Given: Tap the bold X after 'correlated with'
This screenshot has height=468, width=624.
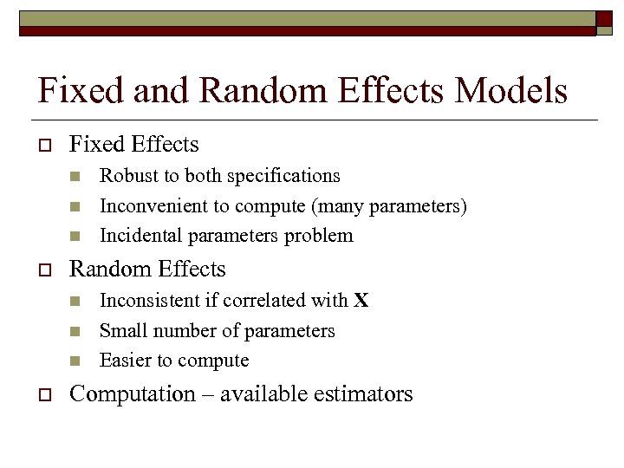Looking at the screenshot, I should click(361, 301).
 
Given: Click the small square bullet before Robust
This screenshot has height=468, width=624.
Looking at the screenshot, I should click(75, 176).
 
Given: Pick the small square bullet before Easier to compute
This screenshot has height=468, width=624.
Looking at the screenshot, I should click(75, 361).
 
